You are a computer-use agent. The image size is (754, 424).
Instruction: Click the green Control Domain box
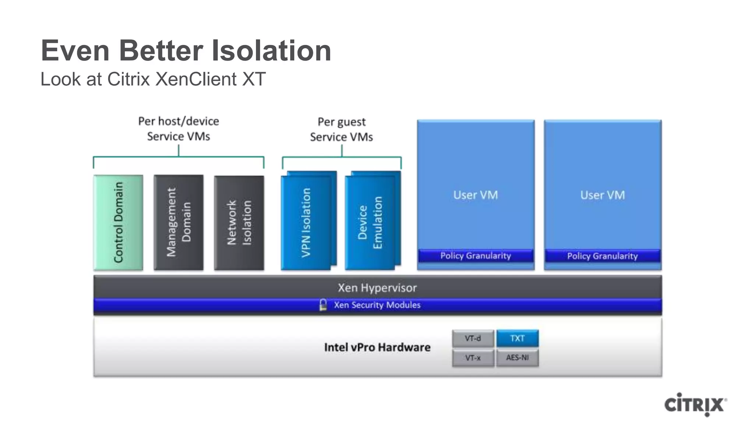118,222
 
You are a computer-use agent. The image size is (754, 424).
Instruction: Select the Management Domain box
179,222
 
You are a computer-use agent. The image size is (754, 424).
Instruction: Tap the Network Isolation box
239,223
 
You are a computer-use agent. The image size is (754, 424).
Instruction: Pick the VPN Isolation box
306,222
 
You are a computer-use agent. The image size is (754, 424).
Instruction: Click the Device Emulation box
370,222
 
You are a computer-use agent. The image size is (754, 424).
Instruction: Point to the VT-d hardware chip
473,338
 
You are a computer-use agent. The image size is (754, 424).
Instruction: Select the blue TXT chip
517,338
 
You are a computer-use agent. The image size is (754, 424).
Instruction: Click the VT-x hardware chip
473,358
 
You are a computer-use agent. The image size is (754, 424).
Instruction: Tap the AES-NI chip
517,358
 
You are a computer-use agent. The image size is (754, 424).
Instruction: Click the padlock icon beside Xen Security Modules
323,305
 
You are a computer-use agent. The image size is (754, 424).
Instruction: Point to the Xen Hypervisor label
377,287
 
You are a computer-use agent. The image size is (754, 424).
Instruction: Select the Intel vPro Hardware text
377,347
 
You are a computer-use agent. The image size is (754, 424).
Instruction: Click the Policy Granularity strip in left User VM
476,255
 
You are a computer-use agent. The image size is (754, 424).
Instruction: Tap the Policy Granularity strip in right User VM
602,256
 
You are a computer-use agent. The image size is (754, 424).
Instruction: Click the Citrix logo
695,404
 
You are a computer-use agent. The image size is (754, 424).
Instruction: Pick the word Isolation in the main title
271,50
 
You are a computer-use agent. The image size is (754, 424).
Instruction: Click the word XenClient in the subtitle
196,79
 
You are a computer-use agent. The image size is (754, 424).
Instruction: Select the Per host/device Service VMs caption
179,128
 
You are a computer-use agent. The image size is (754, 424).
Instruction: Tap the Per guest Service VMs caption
341,129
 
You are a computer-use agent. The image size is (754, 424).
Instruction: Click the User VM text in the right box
602,195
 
